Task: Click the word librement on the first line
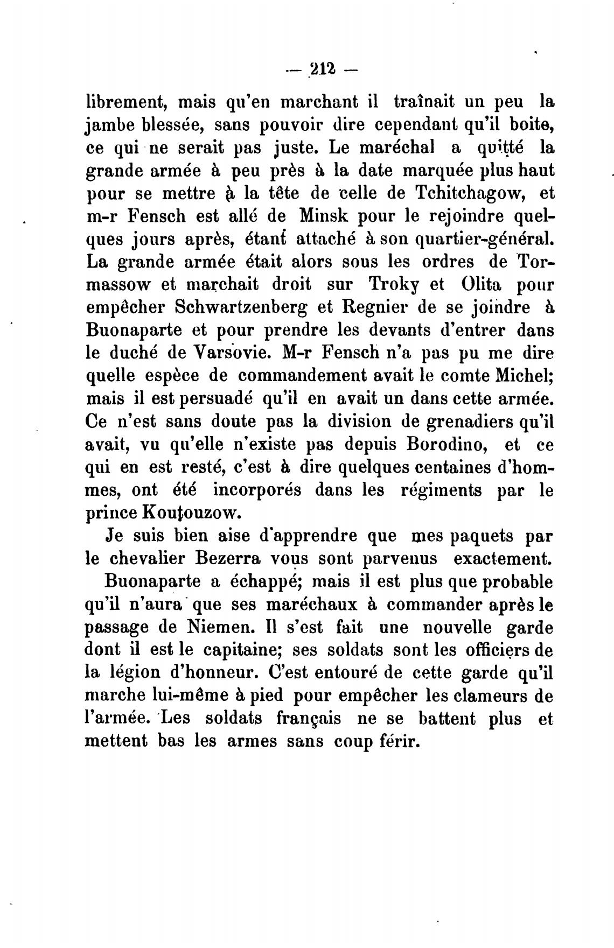pos(126,101)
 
